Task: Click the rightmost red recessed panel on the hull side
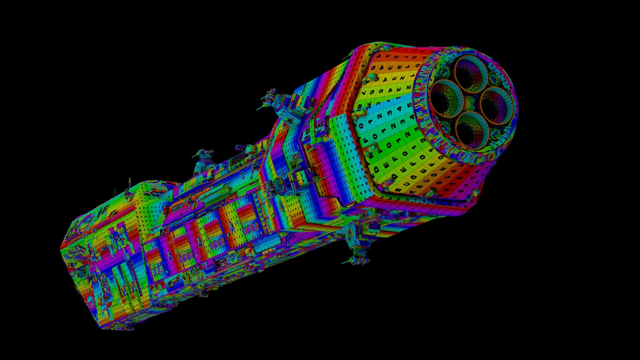click(247, 213)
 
